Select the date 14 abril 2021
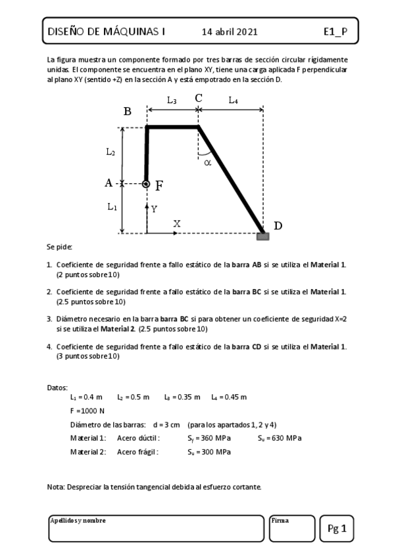tap(230, 32)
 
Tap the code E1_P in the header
tap(335, 31)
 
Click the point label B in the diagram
tap(128, 112)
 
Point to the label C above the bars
tap(199, 98)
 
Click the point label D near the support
tap(278, 225)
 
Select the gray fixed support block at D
tap(262, 236)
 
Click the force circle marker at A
tap(146, 184)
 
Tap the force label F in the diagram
tap(159, 186)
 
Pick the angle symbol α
tap(207, 161)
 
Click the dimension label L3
tap(172, 100)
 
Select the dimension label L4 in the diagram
tap(234, 100)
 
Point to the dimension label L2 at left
tap(112, 152)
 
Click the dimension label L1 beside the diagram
tap(112, 207)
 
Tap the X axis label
tap(177, 224)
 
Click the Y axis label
tap(154, 209)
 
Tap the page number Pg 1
tap(338, 527)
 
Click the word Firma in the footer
tap(280, 520)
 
